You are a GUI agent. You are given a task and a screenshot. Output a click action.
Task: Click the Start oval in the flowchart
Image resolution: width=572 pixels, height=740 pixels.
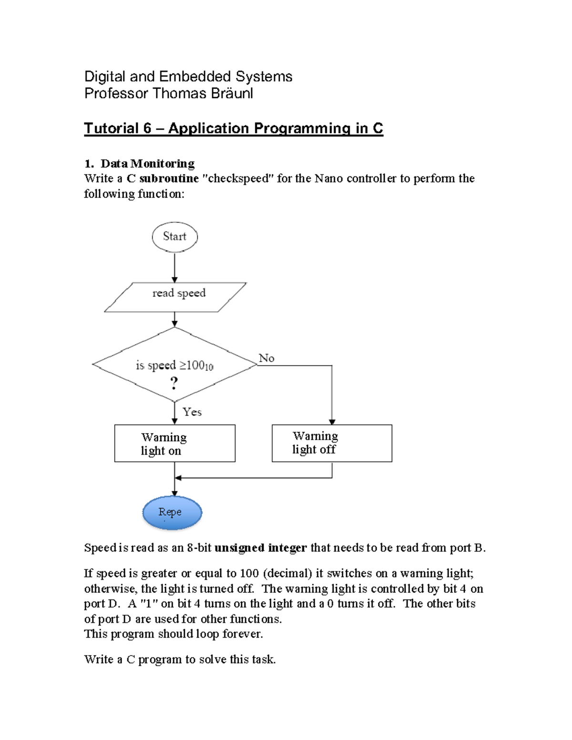(174, 237)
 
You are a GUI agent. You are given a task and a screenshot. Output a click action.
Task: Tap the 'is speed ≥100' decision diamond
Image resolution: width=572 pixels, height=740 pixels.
(174, 365)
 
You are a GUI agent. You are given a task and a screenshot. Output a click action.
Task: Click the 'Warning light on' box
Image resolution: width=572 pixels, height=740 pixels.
(174, 443)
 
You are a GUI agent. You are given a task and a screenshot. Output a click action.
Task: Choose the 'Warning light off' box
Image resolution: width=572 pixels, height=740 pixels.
(332, 443)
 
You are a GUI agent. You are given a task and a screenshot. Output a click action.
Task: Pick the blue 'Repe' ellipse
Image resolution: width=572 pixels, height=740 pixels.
(172, 513)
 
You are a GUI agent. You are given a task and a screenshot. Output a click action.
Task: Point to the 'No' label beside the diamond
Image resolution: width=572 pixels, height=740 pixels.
(266, 358)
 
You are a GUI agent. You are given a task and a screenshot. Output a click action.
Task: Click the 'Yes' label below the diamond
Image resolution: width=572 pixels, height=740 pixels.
(192, 412)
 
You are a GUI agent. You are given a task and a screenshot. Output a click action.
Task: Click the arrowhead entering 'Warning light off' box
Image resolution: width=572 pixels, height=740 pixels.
(332, 422)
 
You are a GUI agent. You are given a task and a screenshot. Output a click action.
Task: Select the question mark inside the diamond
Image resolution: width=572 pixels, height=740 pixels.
(174, 383)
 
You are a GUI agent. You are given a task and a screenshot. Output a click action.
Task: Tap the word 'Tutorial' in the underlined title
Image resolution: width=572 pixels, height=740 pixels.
(111, 128)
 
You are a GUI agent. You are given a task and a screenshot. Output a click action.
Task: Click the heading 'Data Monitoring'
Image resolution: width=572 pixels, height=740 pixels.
(147, 163)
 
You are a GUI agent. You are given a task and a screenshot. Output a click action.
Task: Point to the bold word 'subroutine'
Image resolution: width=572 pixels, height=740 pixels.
(169, 179)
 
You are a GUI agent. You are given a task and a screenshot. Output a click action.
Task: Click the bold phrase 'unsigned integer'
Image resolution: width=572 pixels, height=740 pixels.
(260, 548)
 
